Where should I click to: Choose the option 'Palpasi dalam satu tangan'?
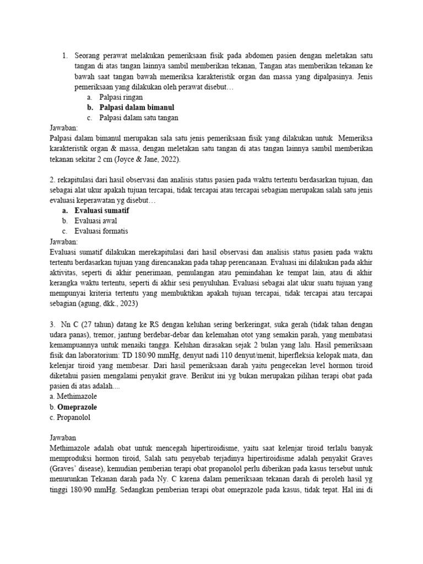pos(138,118)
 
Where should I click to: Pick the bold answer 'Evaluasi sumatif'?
pos(102,210)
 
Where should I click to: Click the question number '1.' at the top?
pos(65,56)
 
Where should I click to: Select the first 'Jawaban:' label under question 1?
pos(64,128)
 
